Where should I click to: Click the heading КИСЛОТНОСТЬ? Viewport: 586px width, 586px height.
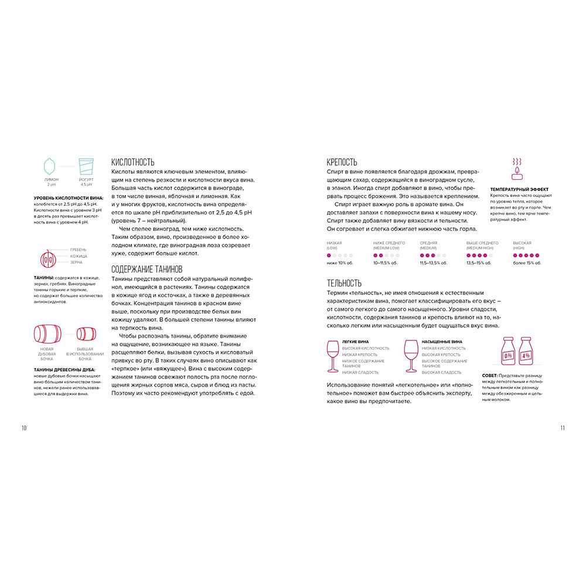(x=132, y=162)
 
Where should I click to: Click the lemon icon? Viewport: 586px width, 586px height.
(x=50, y=166)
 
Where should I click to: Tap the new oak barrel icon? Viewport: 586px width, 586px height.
(x=47, y=334)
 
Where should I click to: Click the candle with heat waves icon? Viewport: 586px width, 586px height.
(x=517, y=168)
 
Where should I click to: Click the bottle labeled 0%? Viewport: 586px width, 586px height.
(x=509, y=353)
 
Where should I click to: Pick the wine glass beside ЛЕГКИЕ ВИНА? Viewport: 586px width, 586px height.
(x=333, y=355)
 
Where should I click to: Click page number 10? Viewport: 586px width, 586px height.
(x=24, y=428)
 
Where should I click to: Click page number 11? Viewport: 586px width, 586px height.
(x=562, y=428)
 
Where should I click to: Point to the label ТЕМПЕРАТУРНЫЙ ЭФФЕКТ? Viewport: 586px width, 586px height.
(x=519, y=189)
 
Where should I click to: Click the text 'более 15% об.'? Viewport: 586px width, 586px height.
(x=526, y=263)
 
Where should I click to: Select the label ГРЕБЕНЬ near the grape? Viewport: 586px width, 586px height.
(x=78, y=250)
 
